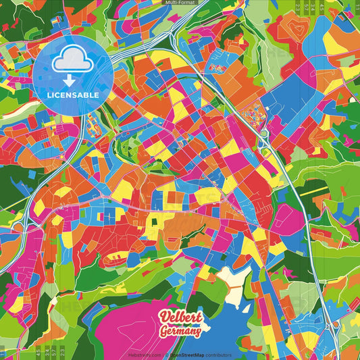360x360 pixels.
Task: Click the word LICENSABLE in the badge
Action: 73,95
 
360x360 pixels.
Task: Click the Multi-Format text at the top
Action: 180,3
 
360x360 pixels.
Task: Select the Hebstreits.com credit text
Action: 141,355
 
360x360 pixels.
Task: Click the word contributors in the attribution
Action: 217,355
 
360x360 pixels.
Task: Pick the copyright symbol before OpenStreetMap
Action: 165,355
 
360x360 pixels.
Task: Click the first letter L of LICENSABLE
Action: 49,95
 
